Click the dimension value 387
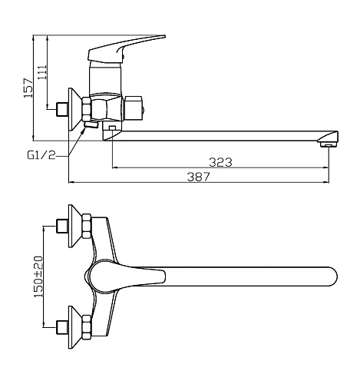pyautogui.click(x=198, y=176)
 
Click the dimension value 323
pyautogui.click(x=220, y=161)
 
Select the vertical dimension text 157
pyautogui.click(x=28, y=87)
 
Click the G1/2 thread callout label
pyautogui.click(x=40, y=154)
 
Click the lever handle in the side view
pyautogui.click(x=124, y=48)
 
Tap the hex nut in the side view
pyautogui.click(x=86, y=109)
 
